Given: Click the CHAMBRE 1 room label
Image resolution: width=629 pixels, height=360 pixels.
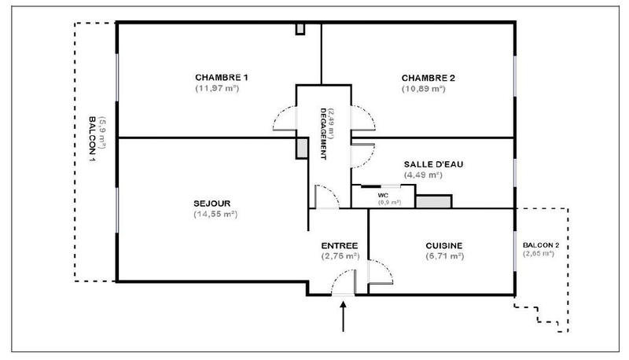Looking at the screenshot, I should (222, 77).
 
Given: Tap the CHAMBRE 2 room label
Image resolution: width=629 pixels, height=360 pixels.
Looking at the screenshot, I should (429, 78).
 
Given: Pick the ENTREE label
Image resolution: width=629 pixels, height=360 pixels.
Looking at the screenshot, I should (340, 244).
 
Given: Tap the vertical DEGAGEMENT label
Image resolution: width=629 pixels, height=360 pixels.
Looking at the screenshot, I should (323, 134).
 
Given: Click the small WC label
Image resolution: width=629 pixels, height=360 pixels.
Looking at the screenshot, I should (384, 194).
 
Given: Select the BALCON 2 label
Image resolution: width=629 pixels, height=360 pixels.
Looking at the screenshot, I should (541, 244).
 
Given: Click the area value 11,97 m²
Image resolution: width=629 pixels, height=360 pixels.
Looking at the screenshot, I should (217, 89).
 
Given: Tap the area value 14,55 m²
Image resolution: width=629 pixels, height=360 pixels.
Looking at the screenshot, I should (215, 214).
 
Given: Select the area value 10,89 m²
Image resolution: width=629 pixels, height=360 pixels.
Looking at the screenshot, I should (424, 89).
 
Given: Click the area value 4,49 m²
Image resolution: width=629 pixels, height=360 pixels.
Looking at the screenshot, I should (422, 174).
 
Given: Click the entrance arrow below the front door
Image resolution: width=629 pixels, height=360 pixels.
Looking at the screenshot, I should (343, 318).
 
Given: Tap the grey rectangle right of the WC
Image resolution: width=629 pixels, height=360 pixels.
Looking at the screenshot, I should (432, 201).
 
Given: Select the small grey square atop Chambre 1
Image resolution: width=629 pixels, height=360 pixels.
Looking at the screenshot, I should (300, 28).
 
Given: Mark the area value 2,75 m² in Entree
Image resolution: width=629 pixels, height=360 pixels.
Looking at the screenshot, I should (340, 256).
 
